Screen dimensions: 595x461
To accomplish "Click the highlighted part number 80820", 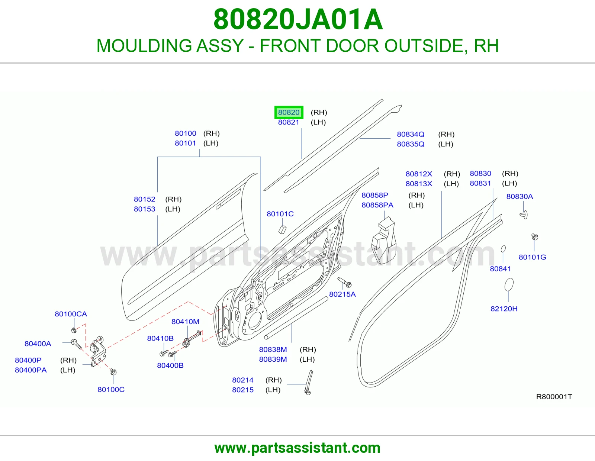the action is click(289, 112).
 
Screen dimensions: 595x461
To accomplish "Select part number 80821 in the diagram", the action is click(289, 122).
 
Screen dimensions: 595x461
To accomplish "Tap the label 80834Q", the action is click(411, 134).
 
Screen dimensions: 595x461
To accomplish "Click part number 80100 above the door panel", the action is click(185, 133).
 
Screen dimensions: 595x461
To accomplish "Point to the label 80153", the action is click(144, 209).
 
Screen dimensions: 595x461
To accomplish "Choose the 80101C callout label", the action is click(280, 214).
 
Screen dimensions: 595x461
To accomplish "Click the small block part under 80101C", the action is click(282, 229).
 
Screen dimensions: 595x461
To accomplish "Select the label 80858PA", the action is click(377, 205).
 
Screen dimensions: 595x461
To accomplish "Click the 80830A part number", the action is click(520, 196).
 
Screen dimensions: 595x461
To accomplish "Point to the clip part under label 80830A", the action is click(524, 215).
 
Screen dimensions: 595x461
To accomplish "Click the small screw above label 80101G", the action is click(535, 237).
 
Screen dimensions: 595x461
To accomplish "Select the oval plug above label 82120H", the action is click(509, 285).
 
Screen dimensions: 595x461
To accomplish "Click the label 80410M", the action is click(185, 322).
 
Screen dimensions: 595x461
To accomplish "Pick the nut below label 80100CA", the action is click(74, 331).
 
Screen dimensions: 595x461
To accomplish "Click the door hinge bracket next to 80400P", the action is click(98, 351).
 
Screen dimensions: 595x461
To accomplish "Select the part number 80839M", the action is click(273, 359).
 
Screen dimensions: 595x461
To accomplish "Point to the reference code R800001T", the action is click(554, 397).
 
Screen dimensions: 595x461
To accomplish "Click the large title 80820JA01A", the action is click(298, 19).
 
